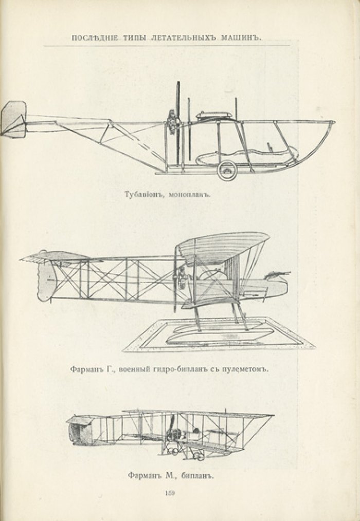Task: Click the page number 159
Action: pyautogui.click(x=170, y=493)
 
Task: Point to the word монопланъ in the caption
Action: pyautogui.click(x=190, y=194)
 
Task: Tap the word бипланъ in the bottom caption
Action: pyautogui.click(x=197, y=476)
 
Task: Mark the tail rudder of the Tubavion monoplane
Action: pyautogui.click(x=14, y=120)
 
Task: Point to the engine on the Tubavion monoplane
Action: pyautogui.click(x=172, y=122)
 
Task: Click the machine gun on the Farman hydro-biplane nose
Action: pyautogui.click(x=277, y=274)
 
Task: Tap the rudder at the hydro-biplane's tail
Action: pyautogui.click(x=45, y=281)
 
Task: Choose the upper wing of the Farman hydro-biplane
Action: pyautogui.click(x=222, y=247)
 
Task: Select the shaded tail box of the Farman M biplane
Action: pyautogui.click(x=80, y=431)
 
